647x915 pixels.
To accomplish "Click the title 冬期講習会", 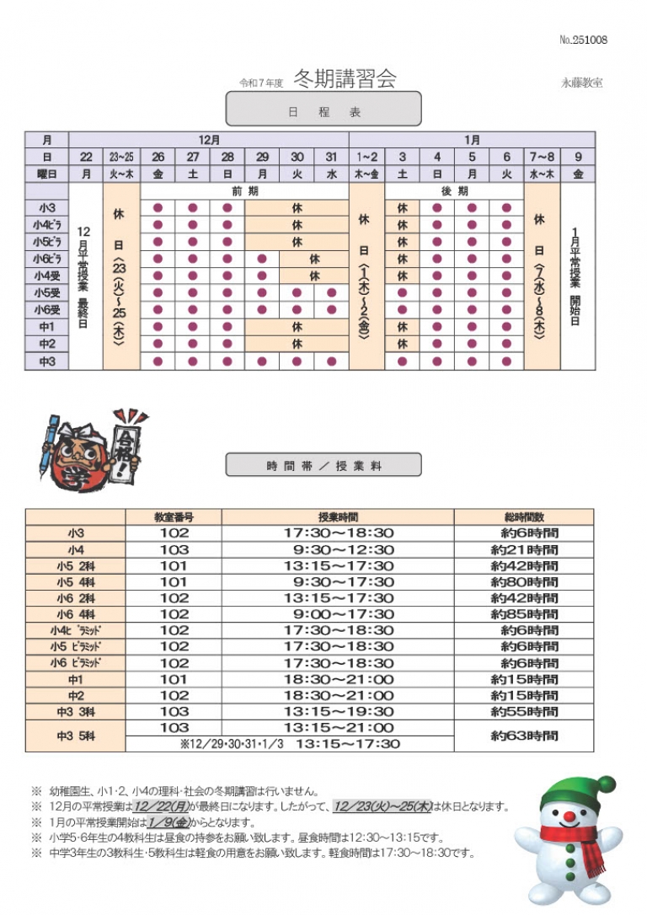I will click(345, 78).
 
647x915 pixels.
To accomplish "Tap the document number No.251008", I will click(583, 40).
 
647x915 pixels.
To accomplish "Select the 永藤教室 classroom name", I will click(581, 83).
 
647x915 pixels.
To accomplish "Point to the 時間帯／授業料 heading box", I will click(323, 465).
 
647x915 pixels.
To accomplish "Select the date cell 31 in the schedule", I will click(331, 157).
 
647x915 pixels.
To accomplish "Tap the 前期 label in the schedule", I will click(244, 191).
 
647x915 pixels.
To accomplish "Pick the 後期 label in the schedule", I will click(455, 191).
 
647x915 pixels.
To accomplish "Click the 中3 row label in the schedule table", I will click(46, 361).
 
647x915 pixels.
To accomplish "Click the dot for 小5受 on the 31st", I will click(331, 293).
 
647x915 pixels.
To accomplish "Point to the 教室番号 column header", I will click(174, 517).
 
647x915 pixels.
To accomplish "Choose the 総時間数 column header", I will click(523, 517).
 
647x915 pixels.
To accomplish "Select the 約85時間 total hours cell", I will click(523, 614).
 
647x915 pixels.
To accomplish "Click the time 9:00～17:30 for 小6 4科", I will click(339, 614).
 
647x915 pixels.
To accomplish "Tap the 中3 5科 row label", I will click(76, 736).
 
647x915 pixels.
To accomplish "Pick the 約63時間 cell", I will click(523, 736).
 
